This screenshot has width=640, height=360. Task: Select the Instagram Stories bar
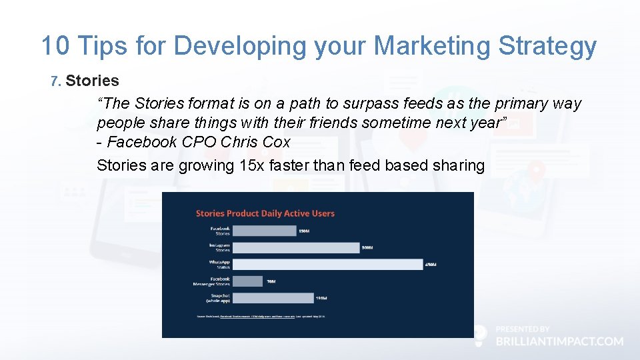point(296,247)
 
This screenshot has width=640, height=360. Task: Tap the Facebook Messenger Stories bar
point(248,281)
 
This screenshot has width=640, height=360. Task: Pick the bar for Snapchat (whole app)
point(273,298)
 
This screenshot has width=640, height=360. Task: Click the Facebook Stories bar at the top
point(265,231)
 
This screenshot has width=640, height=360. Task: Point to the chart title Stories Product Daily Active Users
point(265,213)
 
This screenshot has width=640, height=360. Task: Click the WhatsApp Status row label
point(219,265)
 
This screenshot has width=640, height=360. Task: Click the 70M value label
point(271,281)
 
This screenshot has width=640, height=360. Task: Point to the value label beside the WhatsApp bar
point(431,265)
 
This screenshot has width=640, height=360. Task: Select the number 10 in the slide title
point(55,46)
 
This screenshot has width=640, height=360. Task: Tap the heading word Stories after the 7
point(93,81)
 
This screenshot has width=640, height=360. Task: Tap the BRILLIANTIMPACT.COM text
point(559,341)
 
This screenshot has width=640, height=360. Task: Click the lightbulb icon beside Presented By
point(480,335)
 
